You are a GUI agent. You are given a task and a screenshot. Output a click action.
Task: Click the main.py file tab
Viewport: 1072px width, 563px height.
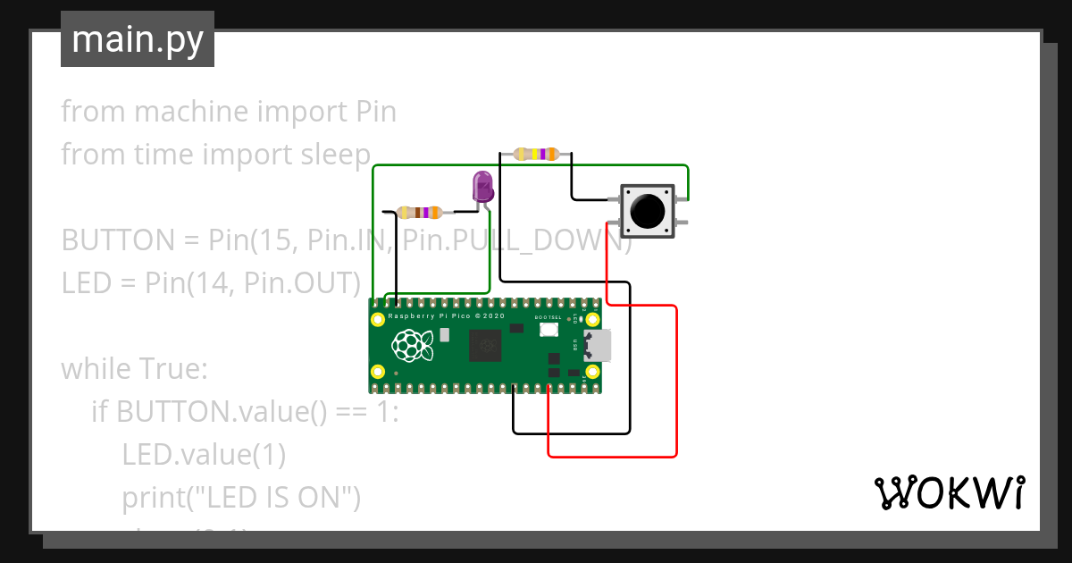coord(137,39)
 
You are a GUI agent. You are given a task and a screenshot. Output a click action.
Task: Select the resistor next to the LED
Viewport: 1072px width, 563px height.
coord(419,213)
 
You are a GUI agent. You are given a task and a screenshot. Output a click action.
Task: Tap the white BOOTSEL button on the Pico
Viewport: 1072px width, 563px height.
coord(549,330)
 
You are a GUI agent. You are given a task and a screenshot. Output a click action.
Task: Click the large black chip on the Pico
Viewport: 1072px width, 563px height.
coord(486,345)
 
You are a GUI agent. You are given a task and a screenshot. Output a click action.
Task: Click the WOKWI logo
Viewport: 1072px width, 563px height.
coord(949,492)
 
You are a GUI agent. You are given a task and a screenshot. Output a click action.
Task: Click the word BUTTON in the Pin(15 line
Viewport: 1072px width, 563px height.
coord(117,240)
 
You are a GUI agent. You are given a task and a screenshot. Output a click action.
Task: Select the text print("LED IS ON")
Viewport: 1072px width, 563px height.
coord(241,498)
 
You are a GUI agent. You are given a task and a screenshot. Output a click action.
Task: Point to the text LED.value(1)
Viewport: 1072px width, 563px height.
coord(204,455)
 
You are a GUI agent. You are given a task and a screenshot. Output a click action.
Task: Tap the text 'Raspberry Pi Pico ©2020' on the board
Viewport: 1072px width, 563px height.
coord(447,317)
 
